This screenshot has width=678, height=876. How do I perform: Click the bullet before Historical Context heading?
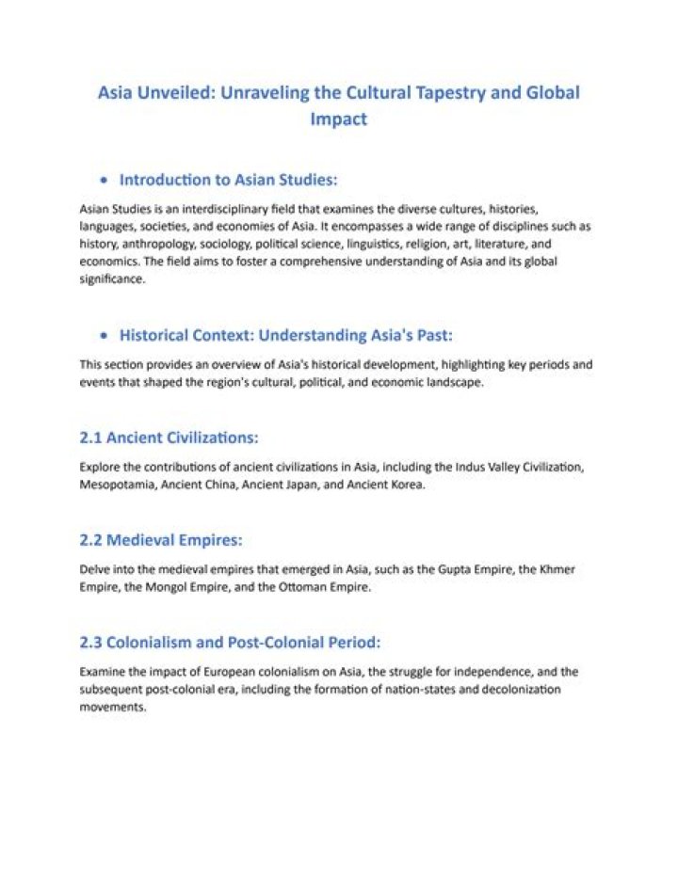coord(103,335)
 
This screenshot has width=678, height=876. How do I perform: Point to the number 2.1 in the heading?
coord(90,438)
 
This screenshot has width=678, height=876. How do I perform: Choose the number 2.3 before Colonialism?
coord(90,643)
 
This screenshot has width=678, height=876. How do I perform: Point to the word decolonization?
coord(517,690)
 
